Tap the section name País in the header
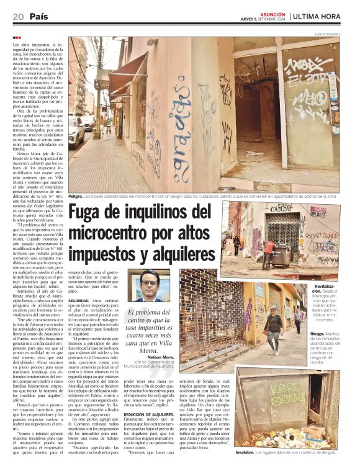point(38,17)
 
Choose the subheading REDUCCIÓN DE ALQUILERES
point(148,413)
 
